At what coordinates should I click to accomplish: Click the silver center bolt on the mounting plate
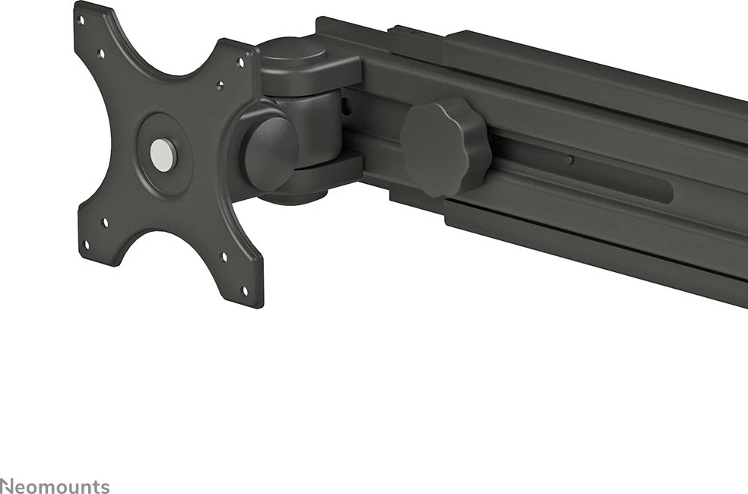[163, 154]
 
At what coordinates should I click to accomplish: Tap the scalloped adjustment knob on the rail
[445, 146]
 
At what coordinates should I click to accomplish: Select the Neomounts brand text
[55, 486]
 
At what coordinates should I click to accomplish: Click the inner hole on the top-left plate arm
[101, 54]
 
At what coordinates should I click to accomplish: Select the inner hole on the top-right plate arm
[220, 87]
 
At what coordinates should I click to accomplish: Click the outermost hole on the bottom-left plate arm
[85, 244]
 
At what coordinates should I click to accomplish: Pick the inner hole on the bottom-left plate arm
[105, 222]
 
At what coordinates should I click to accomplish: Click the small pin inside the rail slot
[569, 160]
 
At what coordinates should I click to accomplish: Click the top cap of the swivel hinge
[295, 55]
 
